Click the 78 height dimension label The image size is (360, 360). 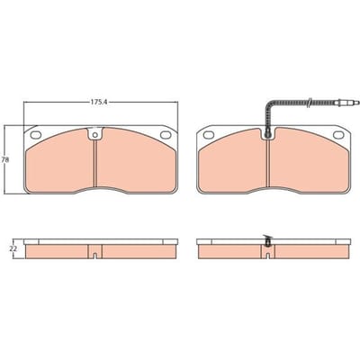pos(4,160)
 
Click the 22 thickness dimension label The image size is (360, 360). pos(13,248)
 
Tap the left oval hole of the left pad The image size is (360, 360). pos(36,135)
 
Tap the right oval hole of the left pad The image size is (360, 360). pos(166,135)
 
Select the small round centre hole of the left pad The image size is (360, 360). pos(94,135)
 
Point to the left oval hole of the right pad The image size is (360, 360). pos(209,135)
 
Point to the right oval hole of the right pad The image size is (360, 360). pos(338,135)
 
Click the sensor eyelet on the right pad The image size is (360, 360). pos(267,132)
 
